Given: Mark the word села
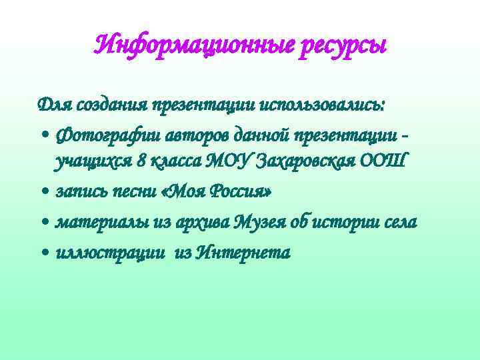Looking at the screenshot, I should (398, 222).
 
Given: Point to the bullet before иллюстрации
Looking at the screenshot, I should (43, 253).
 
